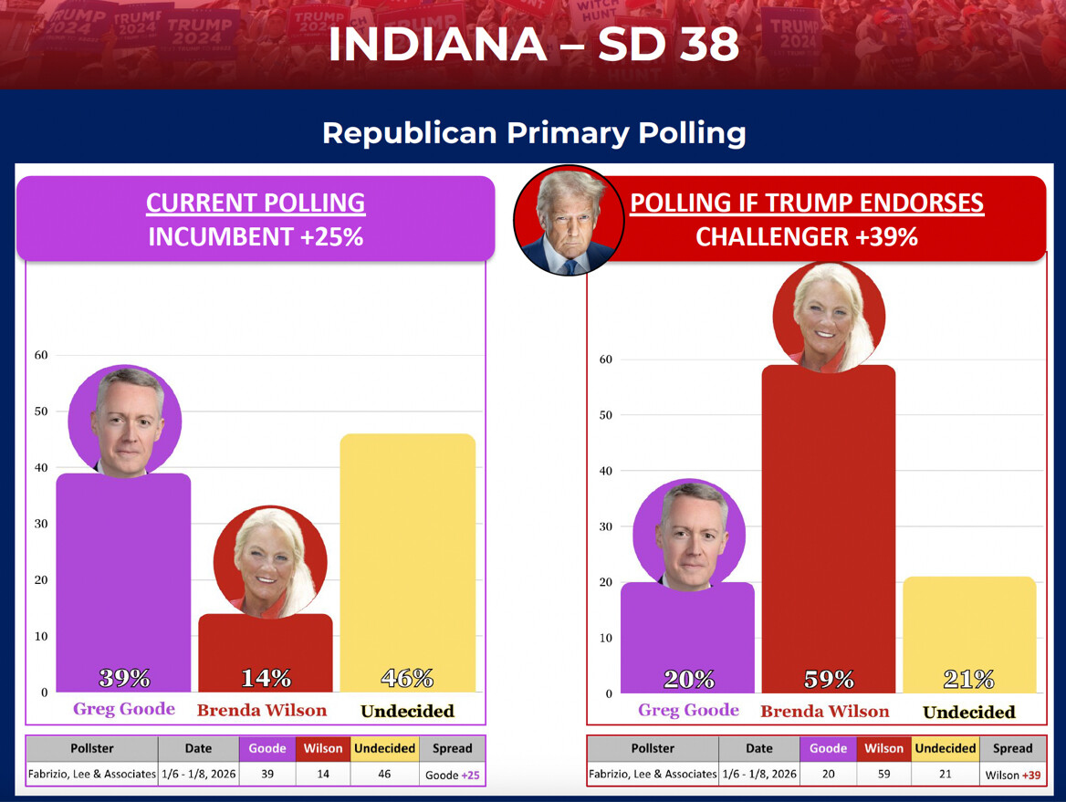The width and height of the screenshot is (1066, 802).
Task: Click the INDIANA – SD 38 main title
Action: click(x=533, y=44)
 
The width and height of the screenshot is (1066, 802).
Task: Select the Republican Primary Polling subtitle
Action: click(x=534, y=133)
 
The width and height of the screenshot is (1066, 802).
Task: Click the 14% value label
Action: click(x=266, y=679)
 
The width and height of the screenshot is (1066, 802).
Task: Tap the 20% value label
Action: click(x=688, y=680)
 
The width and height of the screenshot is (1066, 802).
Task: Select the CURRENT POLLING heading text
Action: click(x=256, y=203)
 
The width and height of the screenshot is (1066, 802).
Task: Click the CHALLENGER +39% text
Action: click(x=807, y=237)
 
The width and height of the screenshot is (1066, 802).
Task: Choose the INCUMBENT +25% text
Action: click(x=256, y=237)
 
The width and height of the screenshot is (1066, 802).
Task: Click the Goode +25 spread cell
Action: click(x=453, y=775)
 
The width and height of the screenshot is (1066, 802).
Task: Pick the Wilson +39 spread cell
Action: click(x=1012, y=775)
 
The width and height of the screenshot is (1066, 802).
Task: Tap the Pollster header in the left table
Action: click(x=91, y=748)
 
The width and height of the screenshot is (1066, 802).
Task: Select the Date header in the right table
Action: click(x=758, y=748)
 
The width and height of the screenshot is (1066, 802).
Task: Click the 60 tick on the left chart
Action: click(x=41, y=355)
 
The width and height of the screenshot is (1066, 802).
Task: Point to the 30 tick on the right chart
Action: click(x=605, y=526)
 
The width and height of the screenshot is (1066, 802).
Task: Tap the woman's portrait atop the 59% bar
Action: click(x=829, y=317)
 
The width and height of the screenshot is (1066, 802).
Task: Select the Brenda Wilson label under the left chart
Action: click(x=262, y=711)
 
